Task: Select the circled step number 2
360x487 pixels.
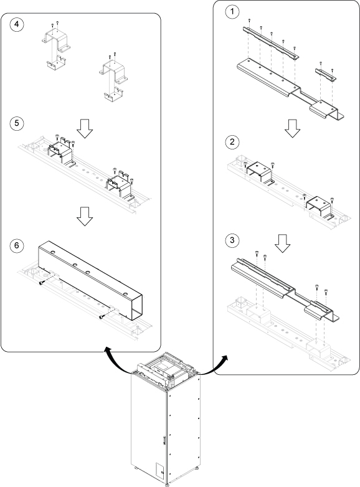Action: pyautogui.click(x=232, y=142)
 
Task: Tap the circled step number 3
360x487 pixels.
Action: pyautogui.click(x=232, y=240)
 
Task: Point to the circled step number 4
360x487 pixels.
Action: pyautogui.click(x=16, y=24)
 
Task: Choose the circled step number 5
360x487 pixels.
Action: pyautogui.click(x=16, y=123)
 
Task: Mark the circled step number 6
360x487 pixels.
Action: pyautogui.click(x=16, y=245)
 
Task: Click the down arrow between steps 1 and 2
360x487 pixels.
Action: pyautogui.click(x=292, y=128)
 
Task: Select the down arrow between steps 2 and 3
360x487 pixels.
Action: pyautogui.click(x=282, y=243)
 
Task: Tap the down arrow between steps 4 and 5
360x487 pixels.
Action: pyautogui.click(x=85, y=128)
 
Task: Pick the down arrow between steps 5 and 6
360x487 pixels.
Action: pyautogui.click(x=85, y=216)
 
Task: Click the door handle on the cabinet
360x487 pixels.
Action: pyautogui.click(x=164, y=441)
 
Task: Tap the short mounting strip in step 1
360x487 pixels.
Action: pyautogui.click(x=326, y=74)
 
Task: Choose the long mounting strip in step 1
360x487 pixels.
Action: pyautogui.click(x=270, y=42)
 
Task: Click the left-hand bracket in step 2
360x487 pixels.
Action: pyautogui.click(x=259, y=173)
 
